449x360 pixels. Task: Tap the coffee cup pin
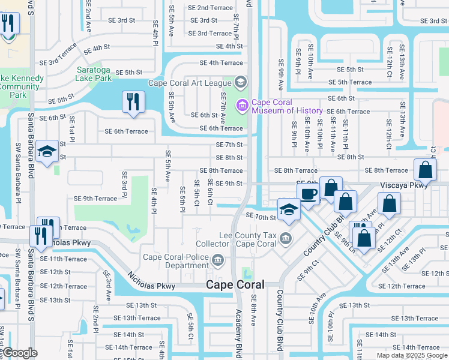point(309,196)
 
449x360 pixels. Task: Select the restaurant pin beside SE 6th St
point(133,101)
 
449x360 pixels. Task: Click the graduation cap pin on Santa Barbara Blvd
point(47,152)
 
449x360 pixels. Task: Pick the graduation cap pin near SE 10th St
point(289,210)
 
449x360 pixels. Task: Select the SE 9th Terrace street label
point(95,199)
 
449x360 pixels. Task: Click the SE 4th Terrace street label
point(221,62)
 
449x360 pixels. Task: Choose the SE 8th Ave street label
point(254,310)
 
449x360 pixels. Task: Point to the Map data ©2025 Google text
point(411,355)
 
